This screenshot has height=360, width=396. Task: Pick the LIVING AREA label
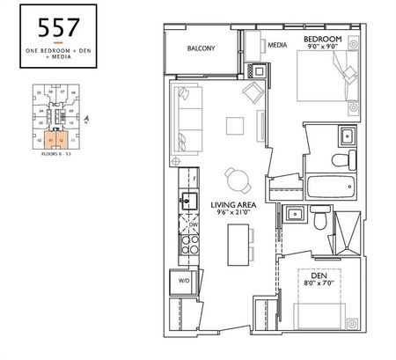pos(233,202)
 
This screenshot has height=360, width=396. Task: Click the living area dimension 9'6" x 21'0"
pos(233,211)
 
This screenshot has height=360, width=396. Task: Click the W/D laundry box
pos(184,282)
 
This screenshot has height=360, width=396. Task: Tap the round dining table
pos(235,176)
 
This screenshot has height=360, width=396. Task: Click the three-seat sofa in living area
pos(187,115)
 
